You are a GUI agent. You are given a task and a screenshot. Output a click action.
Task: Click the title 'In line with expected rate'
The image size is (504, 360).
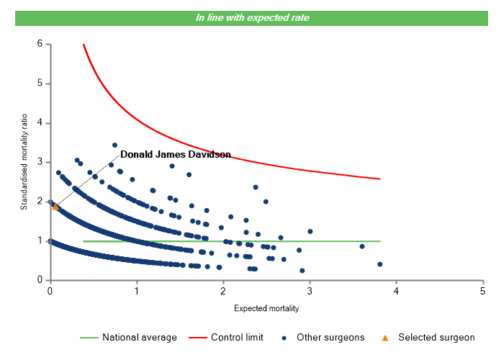click(252, 17)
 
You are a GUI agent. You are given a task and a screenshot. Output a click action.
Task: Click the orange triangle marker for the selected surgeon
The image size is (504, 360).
click(55, 207)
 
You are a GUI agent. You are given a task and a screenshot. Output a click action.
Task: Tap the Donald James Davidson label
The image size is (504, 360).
click(175, 154)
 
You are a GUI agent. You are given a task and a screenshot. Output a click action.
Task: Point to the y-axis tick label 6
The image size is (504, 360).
click(40, 44)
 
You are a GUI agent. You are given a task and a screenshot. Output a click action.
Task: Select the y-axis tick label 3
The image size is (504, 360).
click(40, 162)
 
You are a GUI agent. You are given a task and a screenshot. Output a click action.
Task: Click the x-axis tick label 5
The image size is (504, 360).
click(482, 291)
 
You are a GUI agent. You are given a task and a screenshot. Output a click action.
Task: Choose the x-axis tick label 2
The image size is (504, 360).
click(223, 291)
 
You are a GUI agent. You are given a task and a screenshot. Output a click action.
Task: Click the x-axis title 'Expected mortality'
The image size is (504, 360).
click(266, 308)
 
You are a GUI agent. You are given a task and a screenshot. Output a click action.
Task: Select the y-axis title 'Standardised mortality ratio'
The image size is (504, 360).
click(24, 163)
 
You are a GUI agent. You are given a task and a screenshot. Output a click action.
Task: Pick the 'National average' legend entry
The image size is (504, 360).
click(139, 337)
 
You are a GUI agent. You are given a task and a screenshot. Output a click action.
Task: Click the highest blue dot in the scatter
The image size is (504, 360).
click(114, 145)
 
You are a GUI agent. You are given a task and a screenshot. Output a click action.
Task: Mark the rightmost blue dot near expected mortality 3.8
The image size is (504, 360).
click(379, 264)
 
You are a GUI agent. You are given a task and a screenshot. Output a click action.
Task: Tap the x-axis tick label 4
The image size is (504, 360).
click(396, 291)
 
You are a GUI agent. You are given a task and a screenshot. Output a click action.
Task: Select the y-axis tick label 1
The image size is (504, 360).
click(40, 241)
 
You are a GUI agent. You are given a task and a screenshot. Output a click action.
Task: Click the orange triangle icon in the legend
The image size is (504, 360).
click(385, 337)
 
